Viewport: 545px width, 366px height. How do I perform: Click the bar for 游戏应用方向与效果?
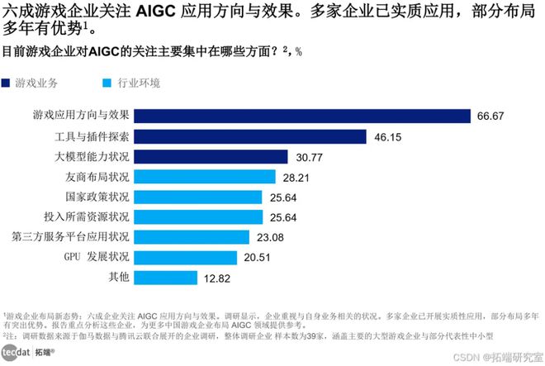point(301,116)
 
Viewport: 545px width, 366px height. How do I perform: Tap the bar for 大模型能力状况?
point(211,157)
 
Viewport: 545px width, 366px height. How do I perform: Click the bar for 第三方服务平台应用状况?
point(191,237)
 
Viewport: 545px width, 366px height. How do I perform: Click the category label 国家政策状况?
point(97,197)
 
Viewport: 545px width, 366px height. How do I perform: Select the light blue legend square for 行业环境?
point(103,83)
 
